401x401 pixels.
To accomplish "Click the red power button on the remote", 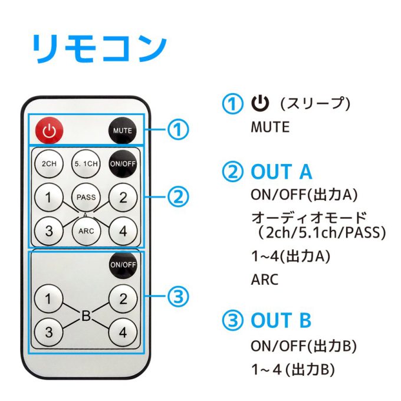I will (x=50, y=130).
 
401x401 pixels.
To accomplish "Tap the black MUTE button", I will (x=123, y=130).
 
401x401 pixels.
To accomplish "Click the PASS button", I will (x=86, y=197).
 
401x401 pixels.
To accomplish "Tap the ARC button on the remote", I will (x=86, y=230).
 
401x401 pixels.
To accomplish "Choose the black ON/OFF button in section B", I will (x=123, y=265).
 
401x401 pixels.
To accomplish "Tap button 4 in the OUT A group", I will (x=123, y=230).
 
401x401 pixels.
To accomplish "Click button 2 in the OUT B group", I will (x=123, y=298).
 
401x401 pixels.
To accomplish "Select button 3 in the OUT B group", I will (x=49, y=331).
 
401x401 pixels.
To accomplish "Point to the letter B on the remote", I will (x=86, y=315).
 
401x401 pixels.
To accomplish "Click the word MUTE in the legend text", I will (x=270, y=127).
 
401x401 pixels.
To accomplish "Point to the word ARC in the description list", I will (x=264, y=279).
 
